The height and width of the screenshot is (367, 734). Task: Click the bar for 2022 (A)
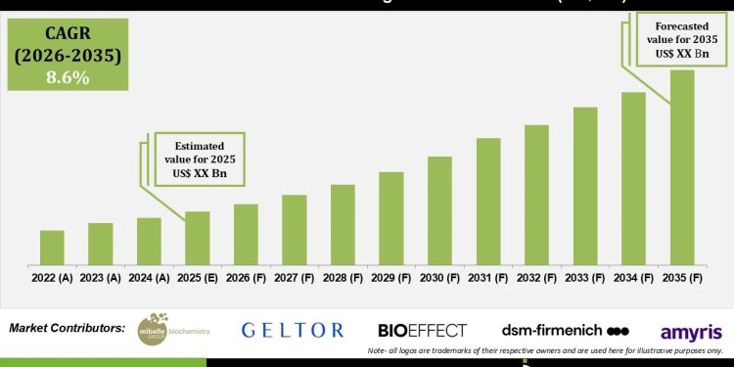(x=53, y=248)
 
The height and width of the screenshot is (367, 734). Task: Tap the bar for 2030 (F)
(x=439, y=210)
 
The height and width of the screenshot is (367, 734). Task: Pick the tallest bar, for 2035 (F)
(x=682, y=167)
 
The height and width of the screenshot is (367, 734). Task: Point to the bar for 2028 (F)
(x=343, y=224)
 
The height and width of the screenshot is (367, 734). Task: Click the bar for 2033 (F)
(x=585, y=186)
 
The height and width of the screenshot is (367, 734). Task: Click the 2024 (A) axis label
(x=149, y=278)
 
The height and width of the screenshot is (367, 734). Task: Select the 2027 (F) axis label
(x=295, y=278)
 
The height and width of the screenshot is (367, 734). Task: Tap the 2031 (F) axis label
(x=488, y=278)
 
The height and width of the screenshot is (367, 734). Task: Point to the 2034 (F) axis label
(x=633, y=278)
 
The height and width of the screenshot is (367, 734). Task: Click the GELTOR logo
(x=293, y=330)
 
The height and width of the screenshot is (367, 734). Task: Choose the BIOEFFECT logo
(x=422, y=330)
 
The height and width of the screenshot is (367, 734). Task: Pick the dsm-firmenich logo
(x=565, y=330)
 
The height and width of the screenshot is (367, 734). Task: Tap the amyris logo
(x=691, y=332)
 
